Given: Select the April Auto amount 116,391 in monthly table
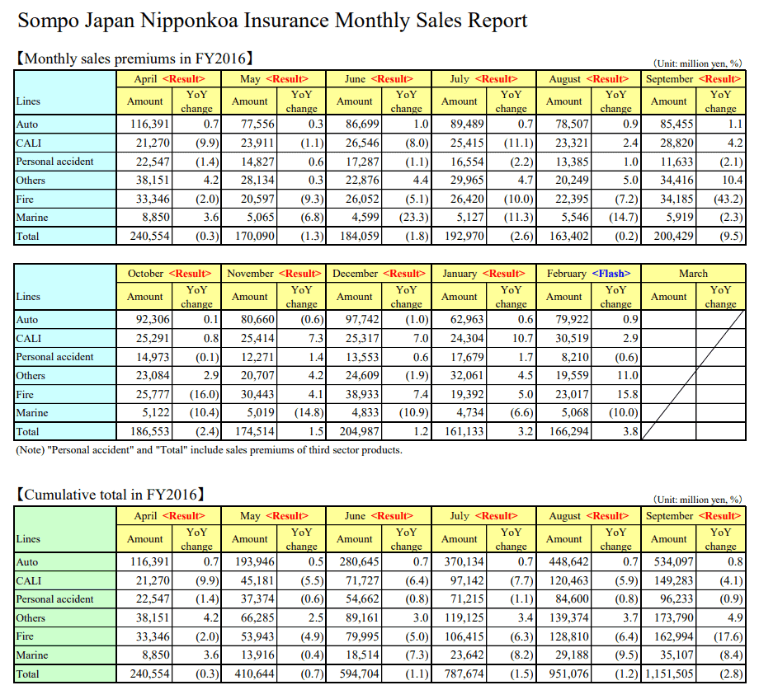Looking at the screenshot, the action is click(150, 124).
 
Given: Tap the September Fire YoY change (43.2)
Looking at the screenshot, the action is click(728, 199).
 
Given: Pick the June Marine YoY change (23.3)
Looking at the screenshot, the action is click(414, 218).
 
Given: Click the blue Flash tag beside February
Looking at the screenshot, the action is click(610, 274).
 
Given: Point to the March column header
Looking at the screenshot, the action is click(693, 274).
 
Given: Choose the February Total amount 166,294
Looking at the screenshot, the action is click(568, 431).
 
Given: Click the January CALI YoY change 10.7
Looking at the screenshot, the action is click(523, 339).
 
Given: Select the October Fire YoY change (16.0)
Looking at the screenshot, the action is click(205, 395).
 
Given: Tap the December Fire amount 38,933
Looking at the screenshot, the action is click(362, 395).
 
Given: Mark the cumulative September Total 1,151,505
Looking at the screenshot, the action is click(669, 674).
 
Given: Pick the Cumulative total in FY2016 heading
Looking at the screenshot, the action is click(111, 495).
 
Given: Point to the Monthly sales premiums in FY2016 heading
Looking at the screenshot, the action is click(134, 59).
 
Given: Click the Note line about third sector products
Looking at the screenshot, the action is click(209, 450).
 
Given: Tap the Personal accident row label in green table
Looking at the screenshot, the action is click(54, 599).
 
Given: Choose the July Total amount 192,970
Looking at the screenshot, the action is click(464, 237).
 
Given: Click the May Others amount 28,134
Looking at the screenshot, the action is click(257, 181).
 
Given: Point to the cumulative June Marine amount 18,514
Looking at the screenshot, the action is click(362, 655).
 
